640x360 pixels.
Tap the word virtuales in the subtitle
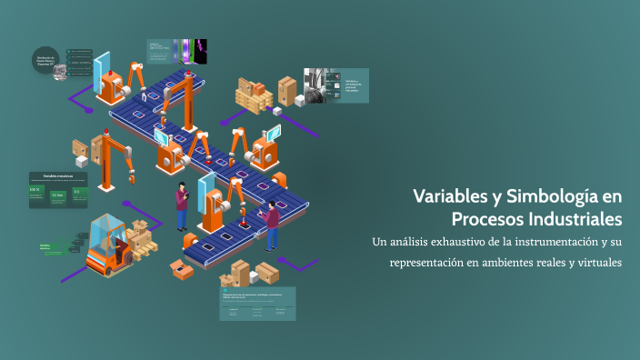click(592, 263)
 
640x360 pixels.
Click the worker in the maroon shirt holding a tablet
click(182, 205)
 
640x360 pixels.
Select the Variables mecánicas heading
click(58, 175)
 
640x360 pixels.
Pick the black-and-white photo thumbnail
click(316, 85)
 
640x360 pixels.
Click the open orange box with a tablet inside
click(182, 268)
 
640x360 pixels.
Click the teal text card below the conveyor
click(256, 304)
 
